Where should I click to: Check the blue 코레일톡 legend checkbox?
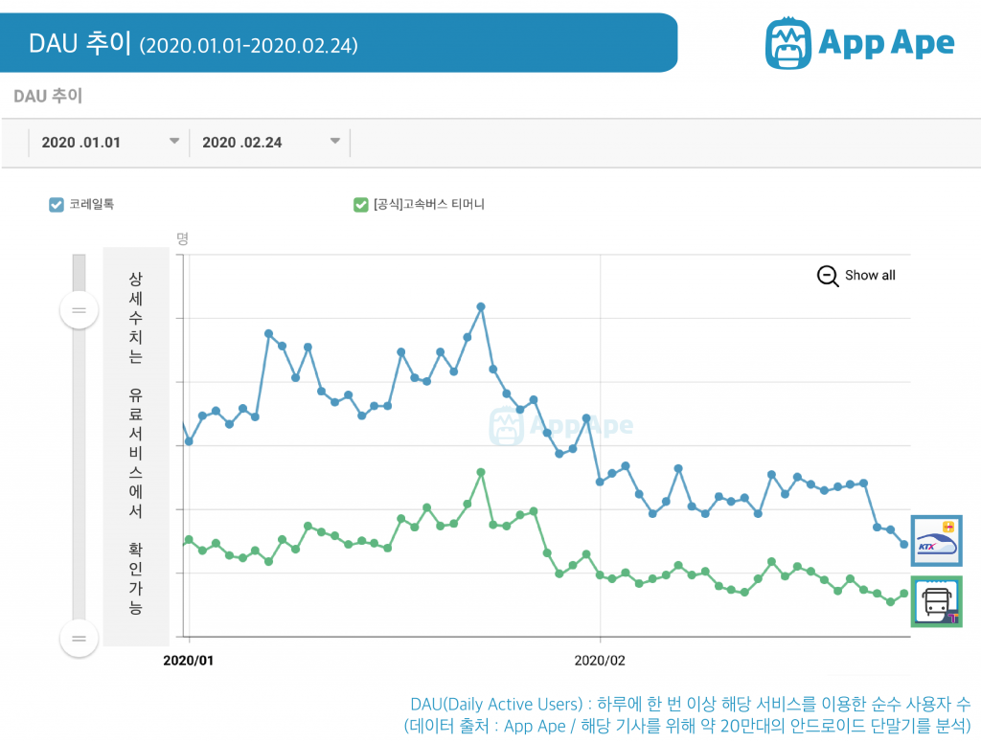pyautogui.click(x=57, y=204)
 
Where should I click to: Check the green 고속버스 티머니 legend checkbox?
pyautogui.click(x=360, y=204)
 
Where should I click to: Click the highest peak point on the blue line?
pyautogui.click(x=481, y=306)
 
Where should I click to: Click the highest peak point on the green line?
pyautogui.click(x=481, y=472)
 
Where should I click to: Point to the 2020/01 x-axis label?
pyautogui.click(x=190, y=660)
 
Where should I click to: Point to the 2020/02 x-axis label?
pyautogui.click(x=600, y=660)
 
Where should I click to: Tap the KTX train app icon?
pyautogui.click(x=936, y=541)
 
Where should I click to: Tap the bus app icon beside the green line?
pyautogui.click(x=936, y=602)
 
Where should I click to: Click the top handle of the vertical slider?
pyautogui.click(x=79, y=310)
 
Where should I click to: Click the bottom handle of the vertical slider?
pyautogui.click(x=79, y=639)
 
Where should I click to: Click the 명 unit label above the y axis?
pyautogui.click(x=182, y=238)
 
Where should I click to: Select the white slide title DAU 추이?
pyautogui.click(x=80, y=43)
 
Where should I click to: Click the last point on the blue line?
pyautogui.click(x=903, y=545)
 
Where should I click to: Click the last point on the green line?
pyautogui.click(x=903, y=594)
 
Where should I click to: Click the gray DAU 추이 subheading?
pyautogui.click(x=48, y=96)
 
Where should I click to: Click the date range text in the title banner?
pyautogui.click(x=248, y=45)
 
